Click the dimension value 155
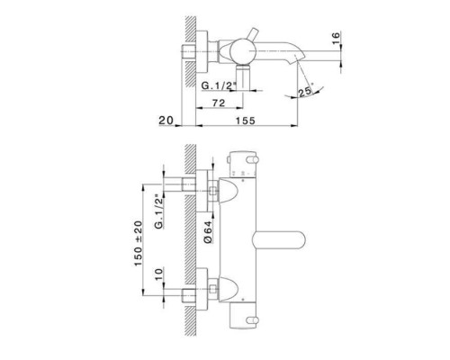[x=245, y=121]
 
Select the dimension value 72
[x=219, y=103]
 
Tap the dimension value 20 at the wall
[x=166, y=121]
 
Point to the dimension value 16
[x=336, y=38]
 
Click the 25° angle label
[x=306, y=91]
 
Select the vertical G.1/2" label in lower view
[x=159, y=211]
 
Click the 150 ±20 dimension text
[x=139, y=243]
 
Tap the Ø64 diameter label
[x=208, y=231]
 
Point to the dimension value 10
[x=159, y=274]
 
